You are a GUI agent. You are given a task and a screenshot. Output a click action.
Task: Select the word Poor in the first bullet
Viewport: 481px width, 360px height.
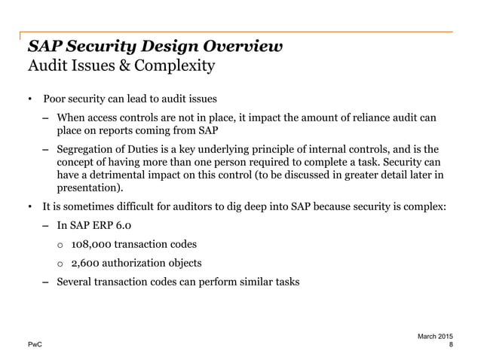(55, 99)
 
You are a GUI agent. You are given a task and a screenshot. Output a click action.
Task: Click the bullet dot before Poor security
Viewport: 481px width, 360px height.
(30, 99)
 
